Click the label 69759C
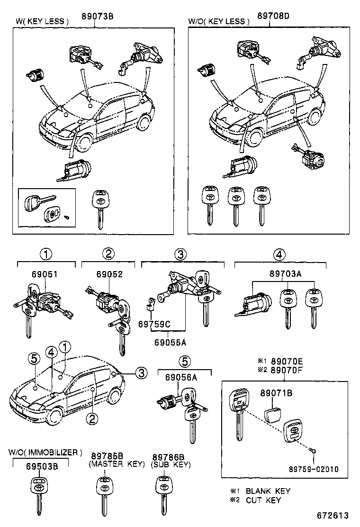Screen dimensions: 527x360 (154, 324)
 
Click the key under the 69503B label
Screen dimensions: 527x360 (38, 495)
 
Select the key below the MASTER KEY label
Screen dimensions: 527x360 (104, 495)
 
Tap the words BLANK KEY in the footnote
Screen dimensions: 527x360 (268, 491)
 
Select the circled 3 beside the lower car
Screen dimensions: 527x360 (140, 373)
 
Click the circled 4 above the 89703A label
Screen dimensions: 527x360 (280, 254)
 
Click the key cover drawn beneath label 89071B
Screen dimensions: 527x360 (275, 410)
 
